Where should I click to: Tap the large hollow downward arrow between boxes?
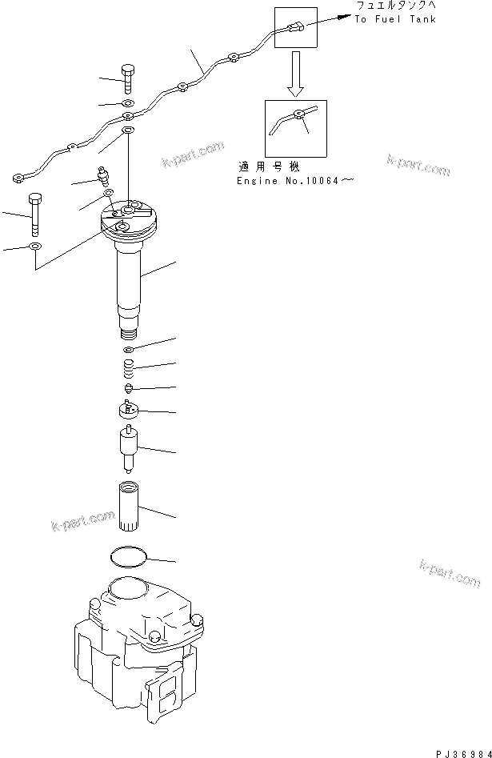(x=294, y=72)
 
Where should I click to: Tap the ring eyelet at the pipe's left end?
(x=18, y=178)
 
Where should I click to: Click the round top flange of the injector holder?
(x=129, y=221)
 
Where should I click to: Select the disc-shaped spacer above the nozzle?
(x=129, y=411)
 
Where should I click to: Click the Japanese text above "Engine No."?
(x=268, y=167)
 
